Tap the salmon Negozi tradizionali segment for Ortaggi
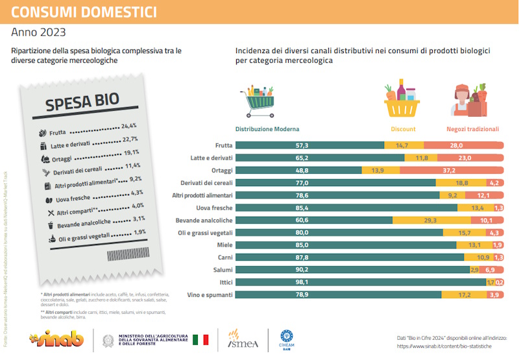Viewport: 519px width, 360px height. (452, 170)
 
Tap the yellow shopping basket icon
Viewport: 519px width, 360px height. (402, 100)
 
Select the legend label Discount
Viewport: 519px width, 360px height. (403, 129)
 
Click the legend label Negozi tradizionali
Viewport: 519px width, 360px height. (472, 129)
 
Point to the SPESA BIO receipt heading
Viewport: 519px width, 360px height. (81, 102)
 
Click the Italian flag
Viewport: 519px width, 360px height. (200, 339)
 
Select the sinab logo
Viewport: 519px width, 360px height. (58, 339)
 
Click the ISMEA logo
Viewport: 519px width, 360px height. (244, 339)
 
